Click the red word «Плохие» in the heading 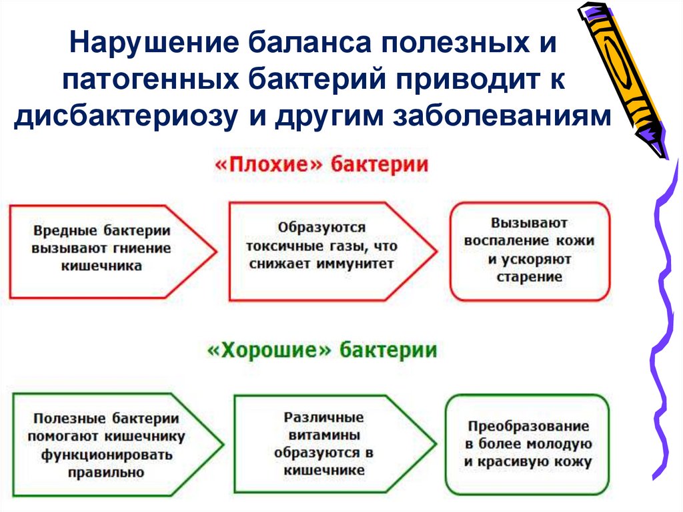tap(265, 164)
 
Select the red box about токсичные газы tap(320, 252)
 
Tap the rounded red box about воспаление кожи tap(530, 252)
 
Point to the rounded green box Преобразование tap(527, 443)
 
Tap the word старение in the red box tap(530, 276)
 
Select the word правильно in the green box tap(106, 472)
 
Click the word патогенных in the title tap(150, 80)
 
